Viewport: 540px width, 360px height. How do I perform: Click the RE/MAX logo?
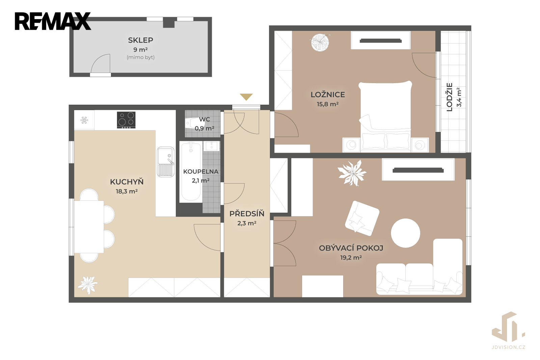click(x=53, y=21)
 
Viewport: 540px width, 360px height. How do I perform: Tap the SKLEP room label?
click(x=140, y=40)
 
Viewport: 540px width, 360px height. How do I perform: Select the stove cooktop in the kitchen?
click(x=126, y=120)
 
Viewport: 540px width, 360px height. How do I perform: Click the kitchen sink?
click(x=166, y=162)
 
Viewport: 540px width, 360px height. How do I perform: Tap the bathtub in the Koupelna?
click(x=191, y=172)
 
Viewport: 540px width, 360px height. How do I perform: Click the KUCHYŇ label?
click(x=127, y=182)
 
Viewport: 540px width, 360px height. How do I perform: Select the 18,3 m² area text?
click(x=127, y=191)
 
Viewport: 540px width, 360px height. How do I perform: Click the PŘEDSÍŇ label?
click(x=247, y=213)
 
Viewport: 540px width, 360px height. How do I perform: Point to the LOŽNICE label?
click(x=328, y=95)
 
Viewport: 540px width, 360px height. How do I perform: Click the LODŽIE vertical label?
click(x=450, y=97)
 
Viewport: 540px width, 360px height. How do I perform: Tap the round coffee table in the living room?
click(x=405, y=233)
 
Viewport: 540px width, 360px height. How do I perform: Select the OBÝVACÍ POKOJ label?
click(x=351, y=248)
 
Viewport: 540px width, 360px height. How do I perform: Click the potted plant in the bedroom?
click(x=320, y=43)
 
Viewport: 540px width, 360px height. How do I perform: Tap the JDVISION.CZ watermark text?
click(x=508, y=347)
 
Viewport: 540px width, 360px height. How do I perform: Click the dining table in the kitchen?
click(x=89, y=227)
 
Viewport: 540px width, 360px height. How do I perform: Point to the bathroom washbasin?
click(x=211, y=146)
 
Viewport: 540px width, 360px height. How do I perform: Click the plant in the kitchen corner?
click(x=87, y=285)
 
